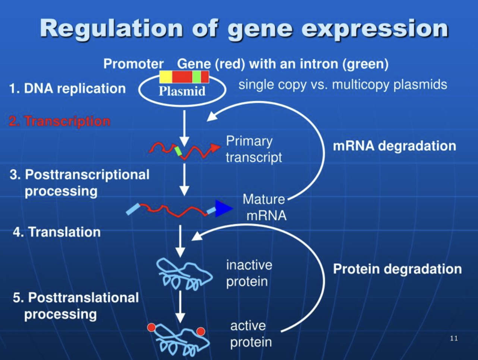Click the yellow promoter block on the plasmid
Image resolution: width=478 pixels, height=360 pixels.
click(x=166, y=77)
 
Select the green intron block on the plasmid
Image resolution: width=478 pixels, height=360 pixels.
click(x=196, y=77)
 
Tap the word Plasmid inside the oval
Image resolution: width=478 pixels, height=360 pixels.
click(x=182, y=91)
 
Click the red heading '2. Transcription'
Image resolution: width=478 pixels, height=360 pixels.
click(x=60, y=121)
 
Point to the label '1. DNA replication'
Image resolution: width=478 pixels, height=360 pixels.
click(x=67, y=88)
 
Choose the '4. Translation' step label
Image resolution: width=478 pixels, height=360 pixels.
click(x=57, y=232)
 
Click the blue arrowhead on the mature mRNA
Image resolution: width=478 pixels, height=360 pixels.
click(x=224, y=209)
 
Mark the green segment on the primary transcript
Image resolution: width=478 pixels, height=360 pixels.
click(x=178, y=151)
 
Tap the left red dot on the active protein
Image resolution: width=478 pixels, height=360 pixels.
click(x=152, y=327)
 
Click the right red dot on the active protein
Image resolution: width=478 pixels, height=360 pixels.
click(x=201, y=331)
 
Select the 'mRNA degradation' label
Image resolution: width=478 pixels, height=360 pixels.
click(x=394, y=146)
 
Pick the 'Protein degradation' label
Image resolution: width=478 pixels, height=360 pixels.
click(x=397, y=269)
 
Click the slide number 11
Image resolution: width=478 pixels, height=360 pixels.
click(x=454, y=338)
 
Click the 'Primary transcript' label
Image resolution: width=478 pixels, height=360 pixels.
click(x=254, y=149)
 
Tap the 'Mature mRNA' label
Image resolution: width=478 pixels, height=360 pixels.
click(x=264, y=207)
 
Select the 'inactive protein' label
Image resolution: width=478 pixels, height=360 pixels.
click(x=249, y=274)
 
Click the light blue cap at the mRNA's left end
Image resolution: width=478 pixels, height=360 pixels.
click(x=133, y=209)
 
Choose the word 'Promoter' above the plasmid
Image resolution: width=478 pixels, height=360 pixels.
click(x=133, y=64)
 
